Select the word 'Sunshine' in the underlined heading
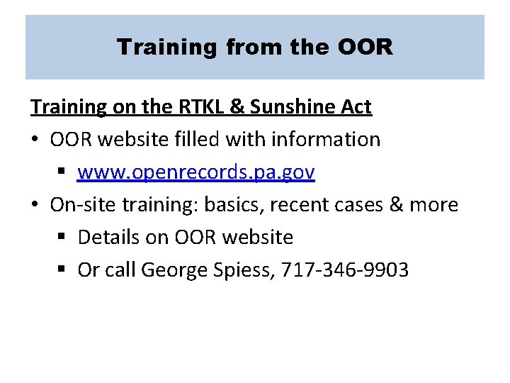[299, 107]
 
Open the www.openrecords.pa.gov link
[196, 172]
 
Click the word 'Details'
[106, 238]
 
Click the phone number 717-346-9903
[345, 270]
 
